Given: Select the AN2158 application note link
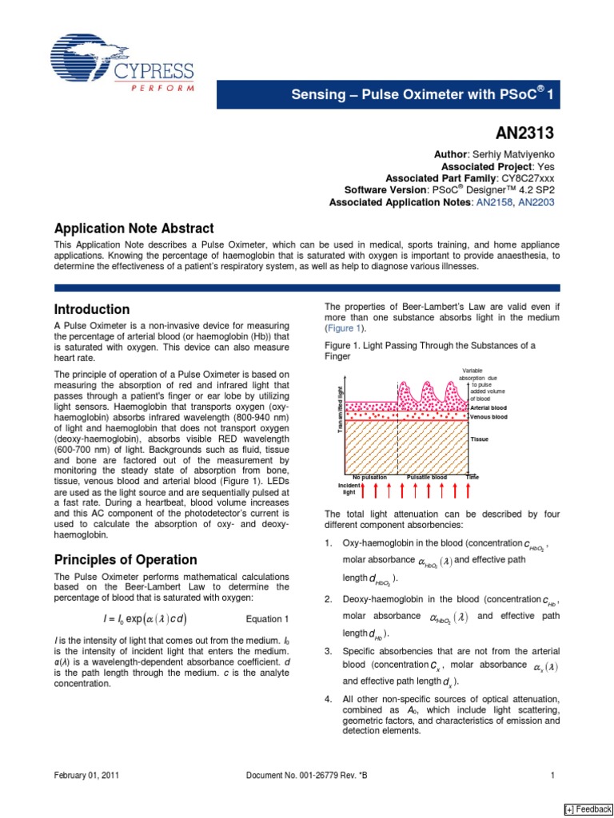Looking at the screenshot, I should (496, 203).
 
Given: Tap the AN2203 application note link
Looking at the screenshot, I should (536, 203).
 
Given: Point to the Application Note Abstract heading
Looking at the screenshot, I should (134, 228).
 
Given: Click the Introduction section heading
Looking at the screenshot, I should (91, 309).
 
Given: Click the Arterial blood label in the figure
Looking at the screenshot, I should (488, 407).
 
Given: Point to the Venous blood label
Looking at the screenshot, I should (488, 417).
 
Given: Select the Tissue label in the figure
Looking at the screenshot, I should (480, 439).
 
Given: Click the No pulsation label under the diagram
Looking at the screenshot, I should (370, 477).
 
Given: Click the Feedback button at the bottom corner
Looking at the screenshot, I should (588, 808).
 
